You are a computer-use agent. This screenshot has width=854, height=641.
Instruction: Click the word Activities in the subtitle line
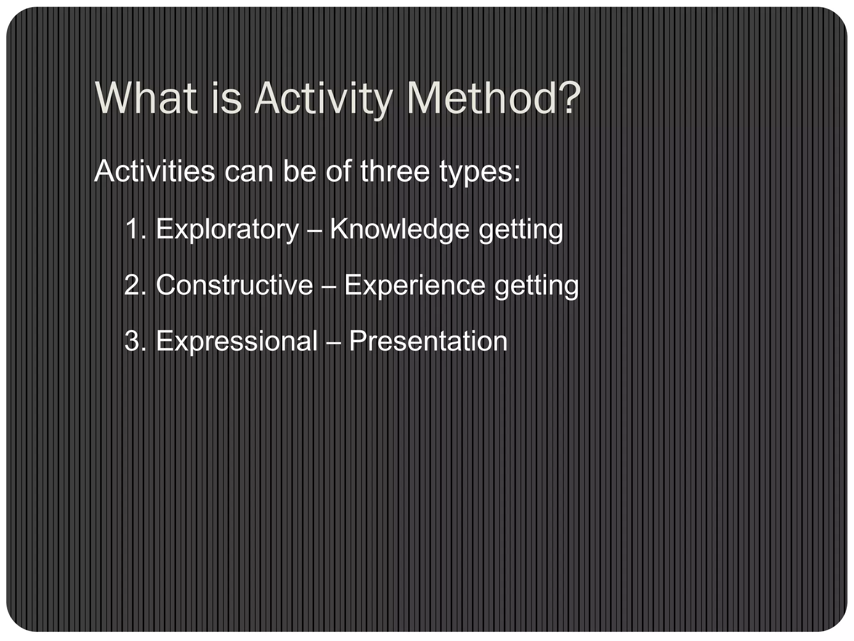point(154,171)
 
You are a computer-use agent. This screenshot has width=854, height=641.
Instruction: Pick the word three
point(394,171)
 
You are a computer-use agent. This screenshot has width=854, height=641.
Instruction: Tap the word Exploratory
point(227,230)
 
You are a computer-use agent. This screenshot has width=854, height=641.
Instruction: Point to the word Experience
point(414,285)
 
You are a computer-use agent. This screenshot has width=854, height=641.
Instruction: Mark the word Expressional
point(236,341)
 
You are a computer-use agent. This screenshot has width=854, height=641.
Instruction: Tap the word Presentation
point(428,341)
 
